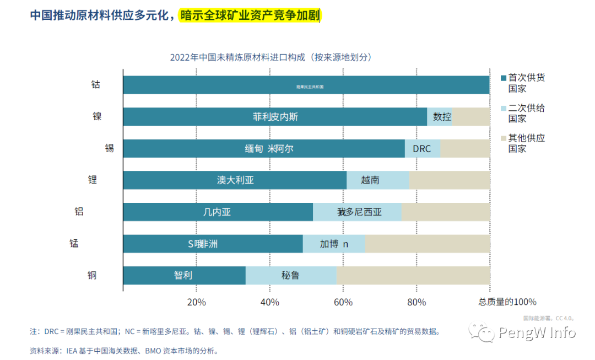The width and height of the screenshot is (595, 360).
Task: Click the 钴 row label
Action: [x=96, y=85]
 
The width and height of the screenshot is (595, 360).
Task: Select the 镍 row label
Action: [x=97, y=116]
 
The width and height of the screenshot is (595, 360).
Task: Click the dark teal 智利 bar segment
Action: [x=184, y=275]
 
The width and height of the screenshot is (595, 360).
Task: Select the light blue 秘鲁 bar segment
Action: [x=291, y=275]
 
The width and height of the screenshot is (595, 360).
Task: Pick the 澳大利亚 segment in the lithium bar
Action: [x=235, y=180]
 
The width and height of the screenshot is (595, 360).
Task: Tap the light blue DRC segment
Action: [x=422, y=149]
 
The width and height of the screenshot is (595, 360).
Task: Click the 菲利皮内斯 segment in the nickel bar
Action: [x=275, y=117]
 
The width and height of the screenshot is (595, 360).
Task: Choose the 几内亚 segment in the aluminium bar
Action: [x=218, y=212]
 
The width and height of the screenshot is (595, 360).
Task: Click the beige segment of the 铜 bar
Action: [x=413, y=275]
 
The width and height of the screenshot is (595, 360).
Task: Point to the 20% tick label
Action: [x=197, y=302]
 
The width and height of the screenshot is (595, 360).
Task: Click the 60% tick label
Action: [x=343, y=302]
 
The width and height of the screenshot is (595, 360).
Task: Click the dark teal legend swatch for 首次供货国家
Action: [x=503, y=78]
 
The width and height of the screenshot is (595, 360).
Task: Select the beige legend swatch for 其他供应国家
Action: [x=503, y=138]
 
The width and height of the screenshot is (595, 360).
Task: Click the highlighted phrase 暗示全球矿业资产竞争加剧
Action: [x=250, y=15]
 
